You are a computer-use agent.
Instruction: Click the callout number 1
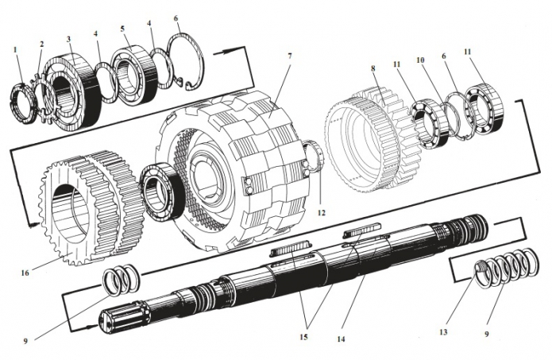click(15, 51)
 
